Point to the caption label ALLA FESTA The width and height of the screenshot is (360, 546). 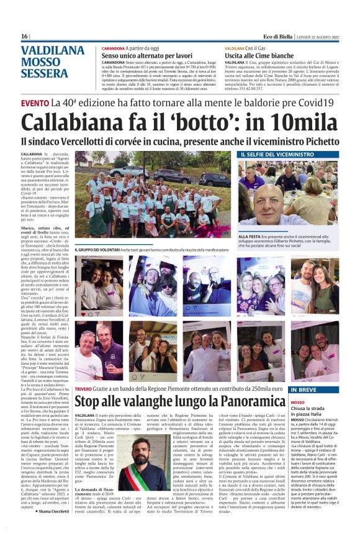[x=249, y=237]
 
